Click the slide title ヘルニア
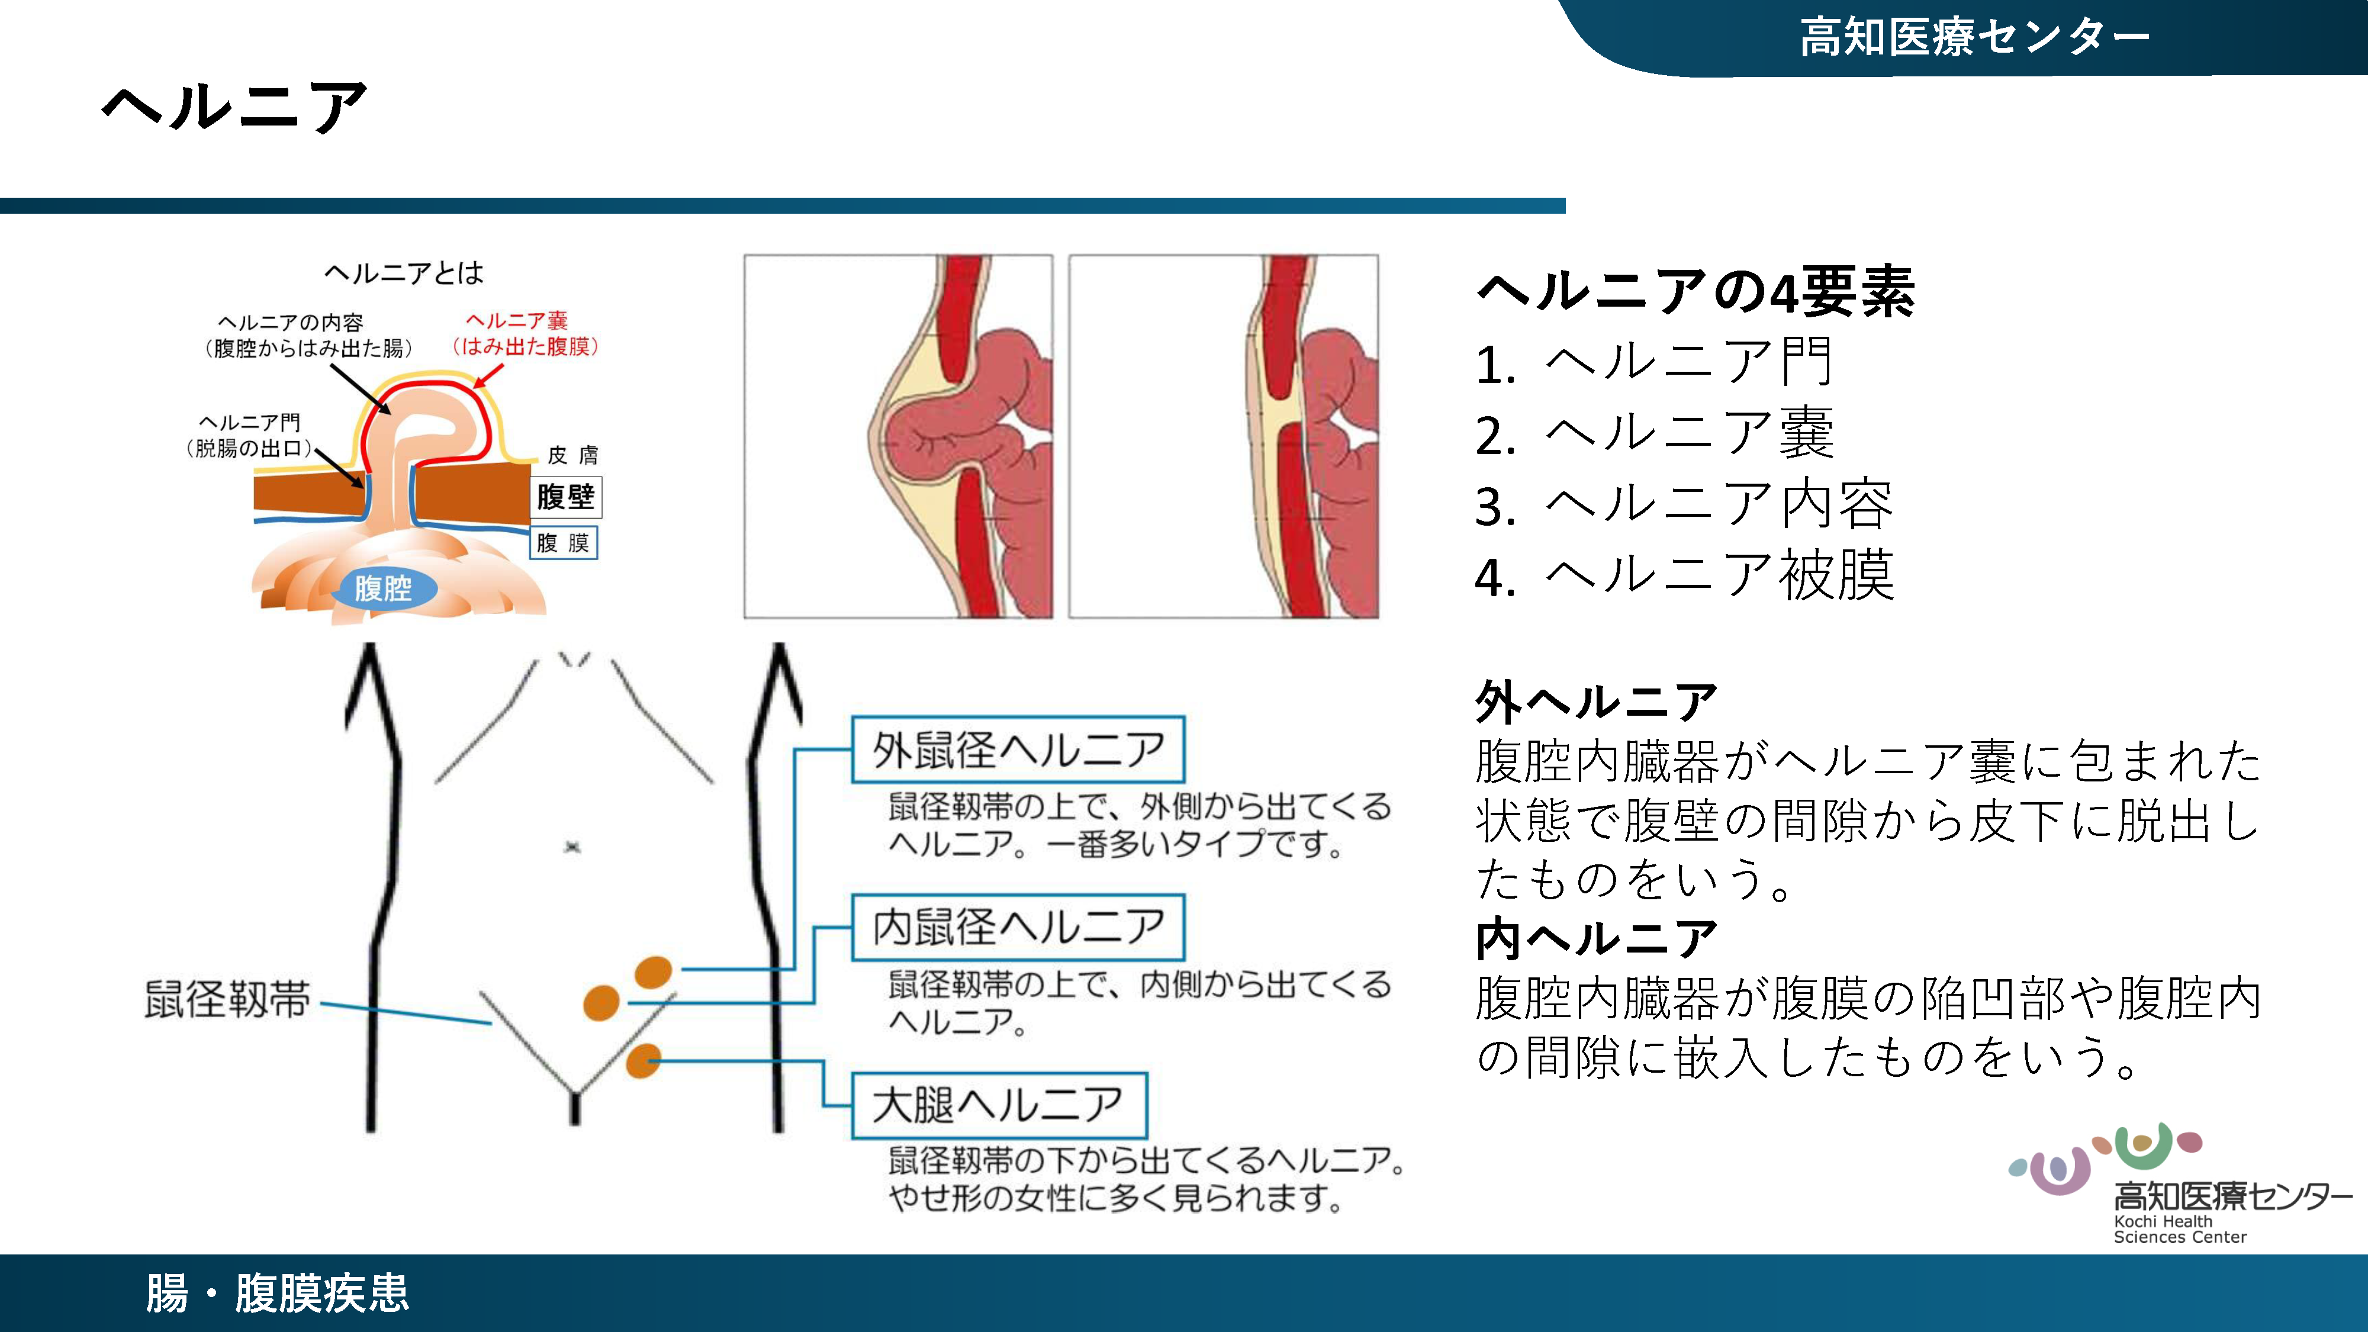234,108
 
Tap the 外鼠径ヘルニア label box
1018,750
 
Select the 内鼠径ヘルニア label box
1018,928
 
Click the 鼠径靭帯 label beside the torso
227,999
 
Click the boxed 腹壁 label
565,497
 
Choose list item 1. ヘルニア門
1655,363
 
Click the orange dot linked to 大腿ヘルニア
644,1061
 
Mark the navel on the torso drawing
572,847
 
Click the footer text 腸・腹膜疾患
278,1294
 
